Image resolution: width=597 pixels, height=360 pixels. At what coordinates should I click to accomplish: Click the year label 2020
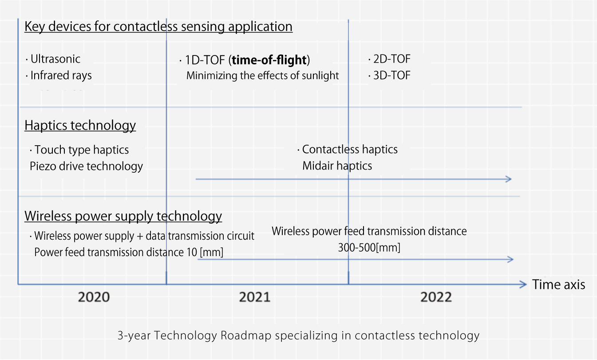point(94,297)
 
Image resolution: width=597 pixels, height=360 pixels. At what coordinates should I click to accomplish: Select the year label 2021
point(254,297)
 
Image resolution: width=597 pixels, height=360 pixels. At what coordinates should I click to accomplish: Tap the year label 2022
point(436,297)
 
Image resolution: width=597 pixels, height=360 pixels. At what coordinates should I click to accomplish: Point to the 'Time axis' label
point(558,285)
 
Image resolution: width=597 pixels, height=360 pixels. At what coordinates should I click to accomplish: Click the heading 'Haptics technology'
point(80,126)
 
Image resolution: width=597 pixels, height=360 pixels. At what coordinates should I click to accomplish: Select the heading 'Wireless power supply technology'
point(123,217)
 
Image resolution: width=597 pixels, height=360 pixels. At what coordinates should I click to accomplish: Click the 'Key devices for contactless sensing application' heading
point(158,27)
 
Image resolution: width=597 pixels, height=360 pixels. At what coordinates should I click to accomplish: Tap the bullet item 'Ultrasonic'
point(55,59)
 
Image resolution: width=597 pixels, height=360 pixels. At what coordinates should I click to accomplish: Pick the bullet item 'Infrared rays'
point(61,75)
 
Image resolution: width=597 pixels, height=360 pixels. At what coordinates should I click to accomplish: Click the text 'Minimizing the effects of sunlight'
point(262,75)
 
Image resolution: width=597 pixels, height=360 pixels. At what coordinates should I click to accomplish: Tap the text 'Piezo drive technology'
point(86,166)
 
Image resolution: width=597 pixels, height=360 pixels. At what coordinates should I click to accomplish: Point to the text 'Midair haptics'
point(337,166)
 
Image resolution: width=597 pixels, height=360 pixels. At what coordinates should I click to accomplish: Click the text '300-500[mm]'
point(369,248)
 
